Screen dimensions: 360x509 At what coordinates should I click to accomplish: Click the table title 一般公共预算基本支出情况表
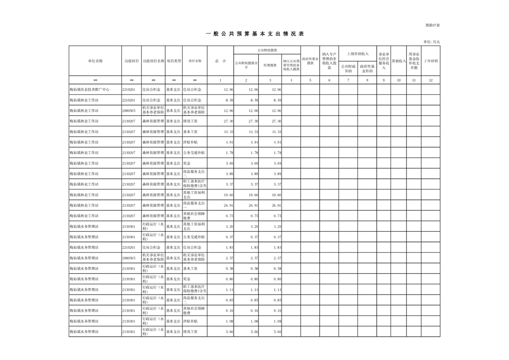[254, 34]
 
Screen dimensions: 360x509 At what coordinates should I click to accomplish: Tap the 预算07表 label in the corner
[432, 25]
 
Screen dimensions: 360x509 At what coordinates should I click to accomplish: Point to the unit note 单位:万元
[432, 41]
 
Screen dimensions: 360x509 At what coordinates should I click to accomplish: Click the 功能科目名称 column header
[153, 60]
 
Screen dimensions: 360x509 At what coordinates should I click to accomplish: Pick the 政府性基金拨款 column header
[310, 60]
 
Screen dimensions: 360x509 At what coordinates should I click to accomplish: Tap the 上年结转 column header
[431, 60]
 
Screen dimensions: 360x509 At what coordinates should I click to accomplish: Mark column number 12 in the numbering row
[431, 80]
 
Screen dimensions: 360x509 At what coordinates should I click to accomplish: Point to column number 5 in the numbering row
[310, 80]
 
